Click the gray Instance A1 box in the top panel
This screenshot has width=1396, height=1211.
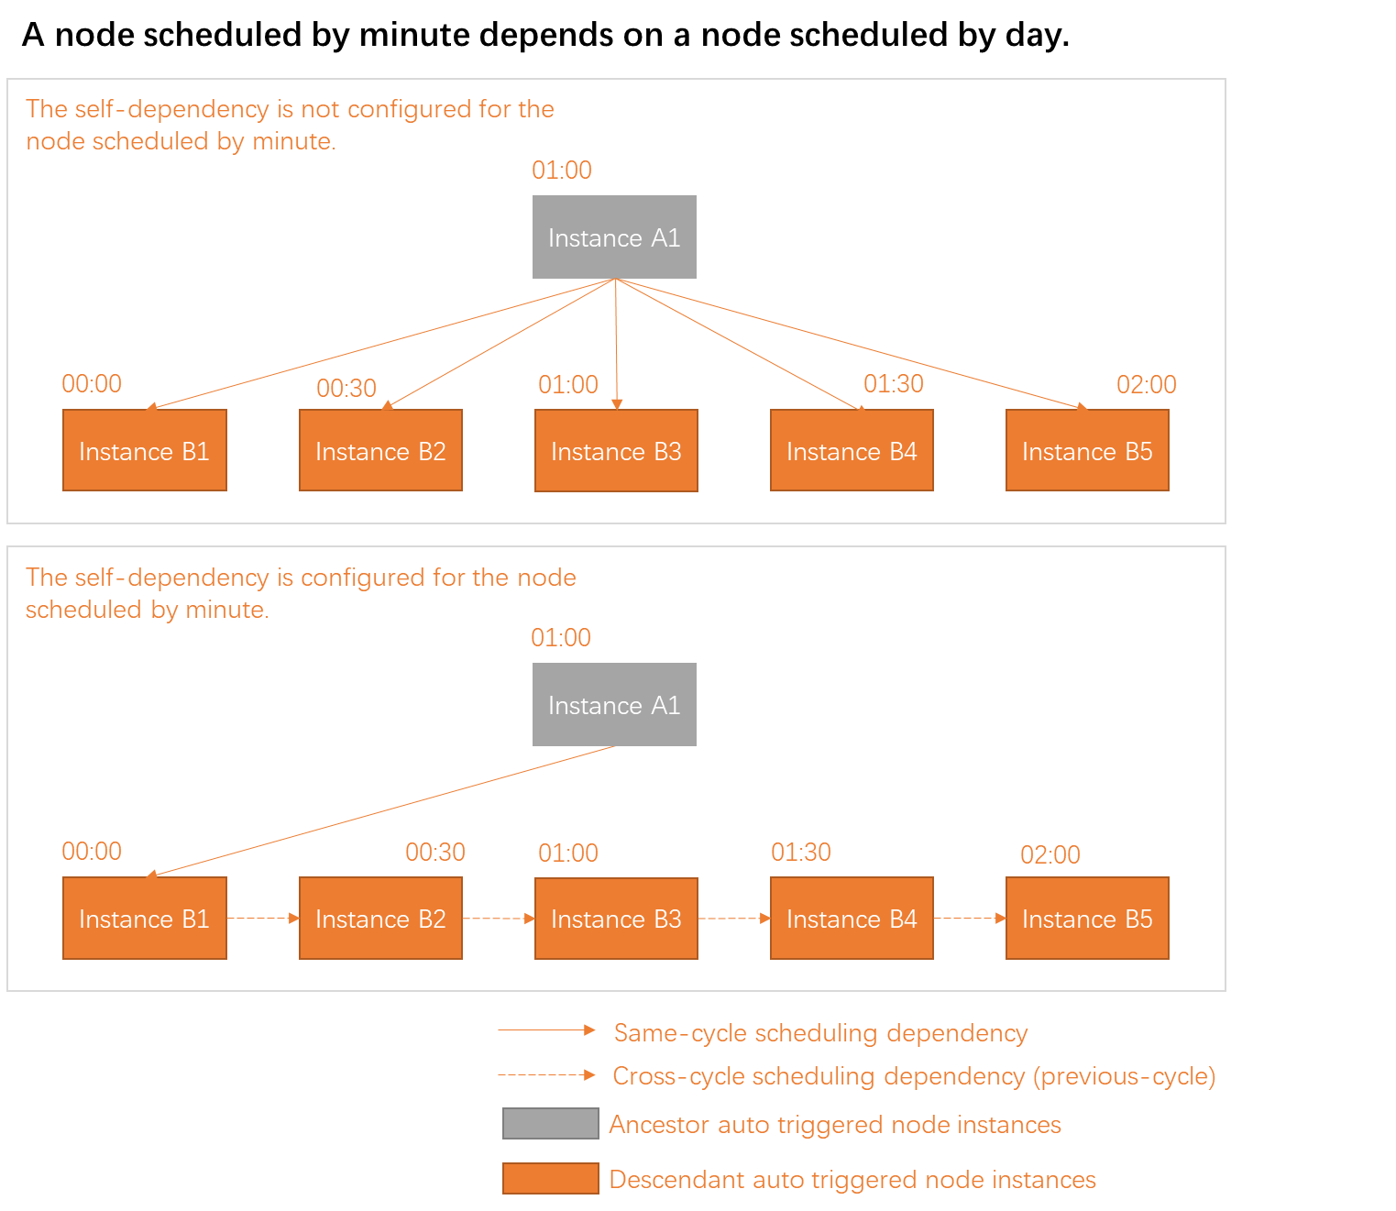click(x=614, y=237)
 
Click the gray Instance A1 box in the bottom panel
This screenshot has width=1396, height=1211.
click(x=614, y=704)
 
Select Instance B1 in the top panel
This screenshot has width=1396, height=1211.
click(x=144, y=450)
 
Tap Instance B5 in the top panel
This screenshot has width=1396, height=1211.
click(x=1087, y=450)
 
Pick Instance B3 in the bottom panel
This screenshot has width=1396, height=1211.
click(x=616, y=919)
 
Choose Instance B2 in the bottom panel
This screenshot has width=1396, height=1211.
click(x=380, y=919)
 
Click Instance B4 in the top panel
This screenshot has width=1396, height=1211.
click(x=852, y=450)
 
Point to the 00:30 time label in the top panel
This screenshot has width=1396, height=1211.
click(x=346, y=388)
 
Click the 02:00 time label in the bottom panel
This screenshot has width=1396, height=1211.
click(x=1050, y=854)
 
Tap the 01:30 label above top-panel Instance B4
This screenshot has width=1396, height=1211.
click(x=894, y=383)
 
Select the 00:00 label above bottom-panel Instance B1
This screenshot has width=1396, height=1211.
click(x=92, y=851)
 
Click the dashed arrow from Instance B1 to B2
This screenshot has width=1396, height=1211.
click(x=262, y=918)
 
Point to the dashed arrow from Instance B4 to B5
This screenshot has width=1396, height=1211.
click(x=969, y=918)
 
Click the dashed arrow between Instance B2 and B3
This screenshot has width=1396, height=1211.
click(x=498, y=918)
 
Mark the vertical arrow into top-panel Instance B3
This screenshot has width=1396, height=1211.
click(x=617, y=344)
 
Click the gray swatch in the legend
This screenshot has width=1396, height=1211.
click(x=550, y=1123)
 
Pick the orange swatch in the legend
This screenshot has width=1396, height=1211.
click(x=550, y=1178)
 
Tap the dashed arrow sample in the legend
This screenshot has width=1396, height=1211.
click(x=546, y=1074)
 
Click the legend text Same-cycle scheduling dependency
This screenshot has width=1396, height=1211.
click(x=820, y=1032)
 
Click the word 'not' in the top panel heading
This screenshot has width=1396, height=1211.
click(x=320, y=108)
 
